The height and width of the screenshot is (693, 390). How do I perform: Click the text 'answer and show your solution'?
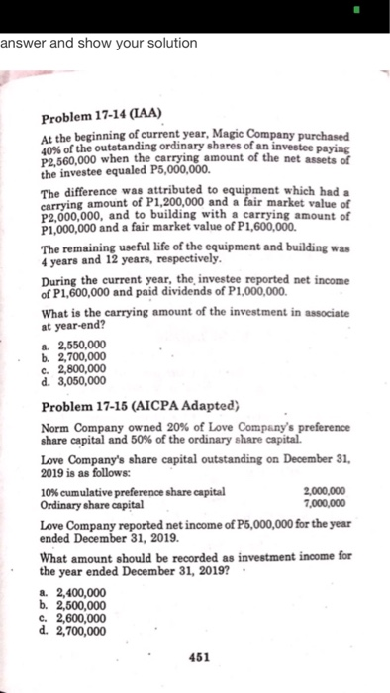click(x=99, y=44)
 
